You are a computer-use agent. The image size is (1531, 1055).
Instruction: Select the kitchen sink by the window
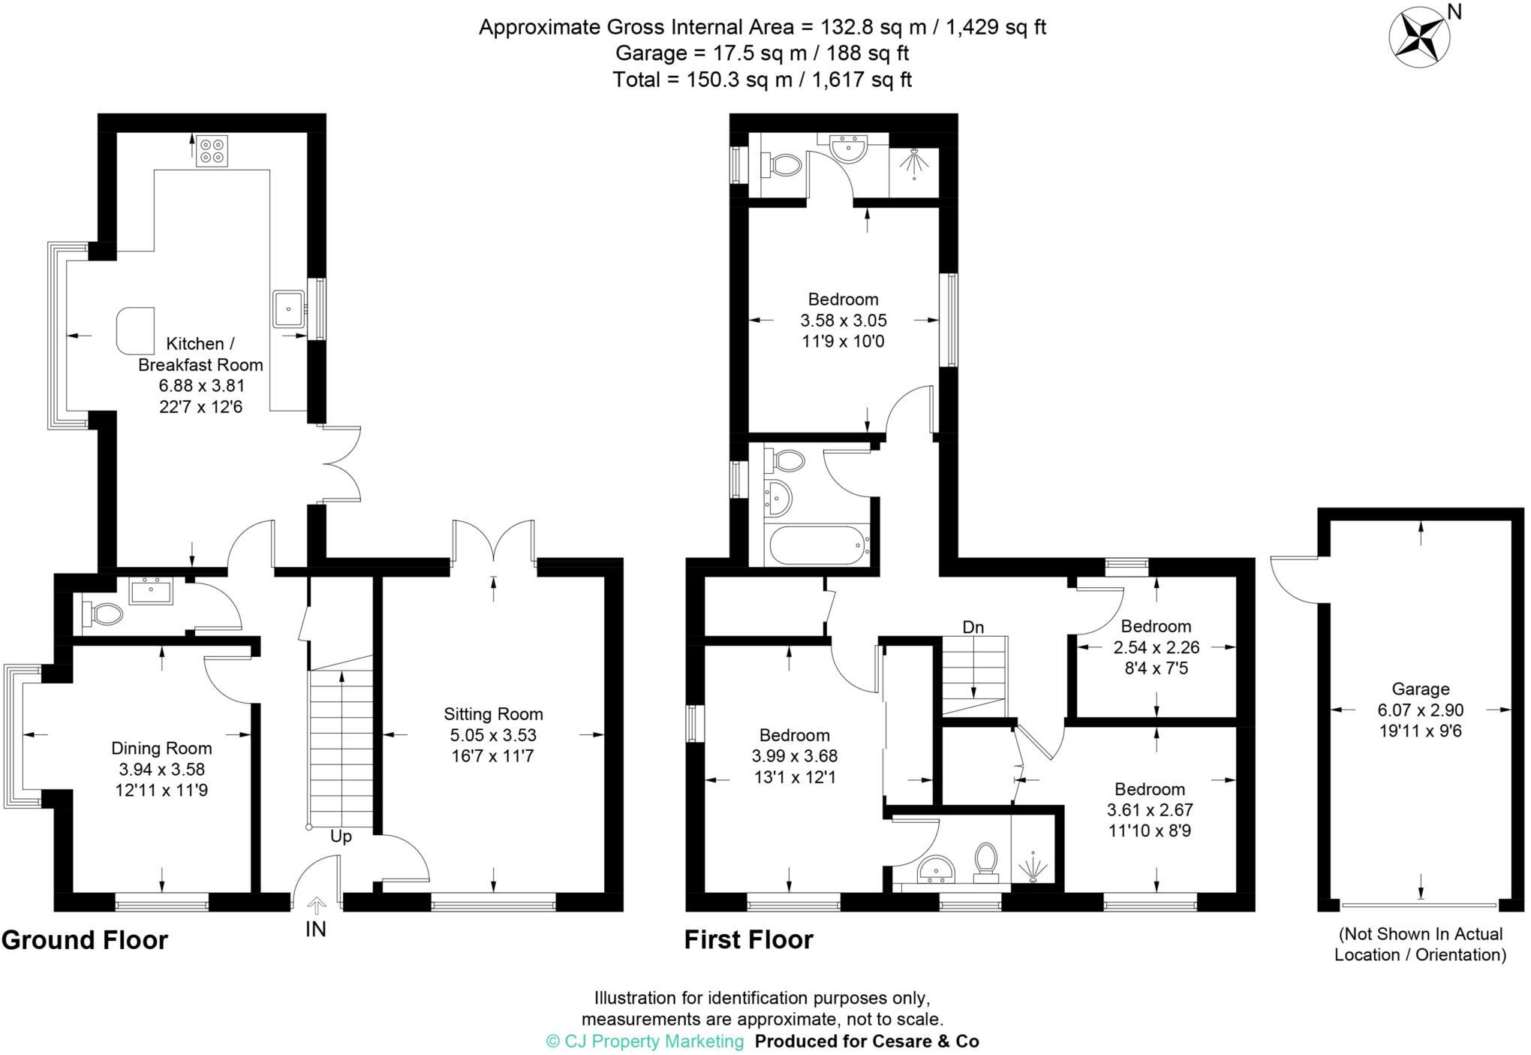[x=288, y=309]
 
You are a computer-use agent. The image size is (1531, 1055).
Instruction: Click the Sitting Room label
[x=493, y=714]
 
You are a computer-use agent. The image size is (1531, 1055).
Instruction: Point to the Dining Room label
[x=161, y=748]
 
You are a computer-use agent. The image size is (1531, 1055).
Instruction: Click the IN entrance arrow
[x=316, y=904]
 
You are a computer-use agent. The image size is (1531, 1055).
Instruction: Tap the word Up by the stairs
[x=341, y=836]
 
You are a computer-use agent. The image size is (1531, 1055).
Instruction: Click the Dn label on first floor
[x=973, y=627]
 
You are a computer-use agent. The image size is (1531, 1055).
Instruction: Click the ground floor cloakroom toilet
[x=103, y=613]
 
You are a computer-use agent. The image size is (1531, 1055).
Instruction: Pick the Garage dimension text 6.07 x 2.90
[x=1420, y=710]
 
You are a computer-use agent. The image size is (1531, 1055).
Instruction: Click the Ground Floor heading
[x=85, y=940]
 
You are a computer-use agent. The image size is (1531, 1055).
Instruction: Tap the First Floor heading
[x=748, y=940]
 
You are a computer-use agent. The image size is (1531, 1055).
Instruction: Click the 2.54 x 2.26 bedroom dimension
[x=1156, y=647]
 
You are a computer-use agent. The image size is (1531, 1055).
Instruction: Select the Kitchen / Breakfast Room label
[x=200, y=354]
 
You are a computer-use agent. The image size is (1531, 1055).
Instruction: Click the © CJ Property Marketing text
[x=645, y=1041]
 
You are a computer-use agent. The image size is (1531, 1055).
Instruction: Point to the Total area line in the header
[x=762, y=80]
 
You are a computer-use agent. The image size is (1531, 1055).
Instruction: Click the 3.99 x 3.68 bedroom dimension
[x=794, y=756]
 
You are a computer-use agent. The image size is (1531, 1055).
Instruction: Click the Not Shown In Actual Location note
[x=1420, y=944]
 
